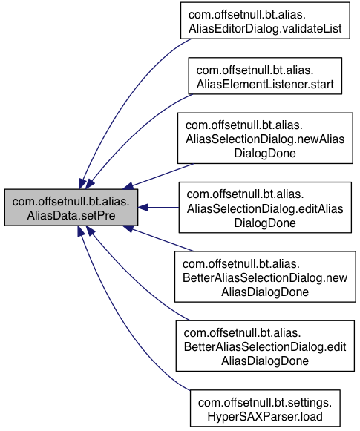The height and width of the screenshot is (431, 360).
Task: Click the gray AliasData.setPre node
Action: point(71,208)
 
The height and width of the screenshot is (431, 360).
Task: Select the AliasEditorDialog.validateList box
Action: point(265,21)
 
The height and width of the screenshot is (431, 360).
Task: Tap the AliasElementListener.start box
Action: point(265,76)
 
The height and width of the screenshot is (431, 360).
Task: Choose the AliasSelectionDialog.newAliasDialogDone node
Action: point(265,138)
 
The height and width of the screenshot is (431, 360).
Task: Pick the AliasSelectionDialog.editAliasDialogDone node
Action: point(265,207)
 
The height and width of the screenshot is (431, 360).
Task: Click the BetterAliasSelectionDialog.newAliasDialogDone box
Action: point(265,277)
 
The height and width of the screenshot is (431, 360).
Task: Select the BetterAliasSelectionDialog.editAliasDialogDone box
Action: point(265,346)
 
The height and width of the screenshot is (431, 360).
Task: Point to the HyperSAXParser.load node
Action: point(265,408)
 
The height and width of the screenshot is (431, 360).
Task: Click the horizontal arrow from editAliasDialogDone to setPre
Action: point(158,208)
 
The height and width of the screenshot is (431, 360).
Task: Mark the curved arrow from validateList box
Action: point(121,99)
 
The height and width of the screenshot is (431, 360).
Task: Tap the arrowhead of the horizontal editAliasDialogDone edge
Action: point(143,208)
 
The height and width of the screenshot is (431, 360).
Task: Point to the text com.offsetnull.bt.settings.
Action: point(265,402)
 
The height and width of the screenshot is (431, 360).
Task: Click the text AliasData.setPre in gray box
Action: point(71,215)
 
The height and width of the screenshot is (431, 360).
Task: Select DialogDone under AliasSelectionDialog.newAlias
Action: point(265,153)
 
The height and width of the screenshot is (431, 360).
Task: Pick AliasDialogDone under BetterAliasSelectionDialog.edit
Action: point(265,361)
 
